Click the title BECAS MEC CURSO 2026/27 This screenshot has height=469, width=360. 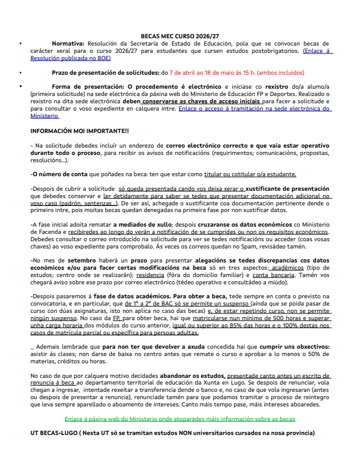coord(180,36)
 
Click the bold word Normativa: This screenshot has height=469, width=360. coord(68,44)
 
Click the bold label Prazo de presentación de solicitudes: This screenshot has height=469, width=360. coord(105,72)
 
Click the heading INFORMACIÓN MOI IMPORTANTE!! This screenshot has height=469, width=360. coord(79,131)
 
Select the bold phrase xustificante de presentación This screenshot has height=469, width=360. coord(288,189)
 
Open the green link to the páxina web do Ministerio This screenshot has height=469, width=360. coord(180,419)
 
